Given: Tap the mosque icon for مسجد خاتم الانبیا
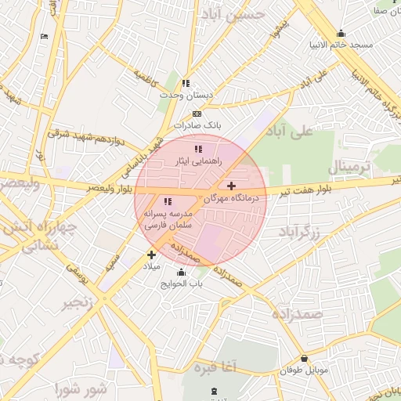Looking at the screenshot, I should pyautogui.click(x=341, y=33).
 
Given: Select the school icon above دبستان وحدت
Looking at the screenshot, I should pyautogui.click(x=186, y=83).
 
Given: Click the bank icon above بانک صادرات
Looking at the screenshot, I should pyautogui.click(x=196, y=114).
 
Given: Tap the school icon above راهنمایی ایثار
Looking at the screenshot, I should pyautogui.click(x=198, y=149).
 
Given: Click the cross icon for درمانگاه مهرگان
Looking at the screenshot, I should pyautogui.click(x=231, y=186).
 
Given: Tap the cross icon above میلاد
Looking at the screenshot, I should pyautogui.click(x=151, y=255).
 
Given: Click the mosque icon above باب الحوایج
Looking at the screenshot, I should pyautogui.click(x=182, y=272).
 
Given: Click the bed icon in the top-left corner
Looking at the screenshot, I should pyautogui.click(x=44, y=36).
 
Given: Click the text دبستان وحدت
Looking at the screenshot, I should pyautogui.click(x=187, y=95).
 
